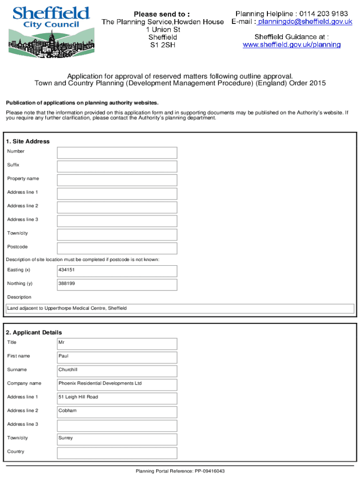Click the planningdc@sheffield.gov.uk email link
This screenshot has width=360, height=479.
[305, 22]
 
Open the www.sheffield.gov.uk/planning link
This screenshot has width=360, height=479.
[291, 45]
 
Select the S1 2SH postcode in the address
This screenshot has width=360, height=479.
[162, 45]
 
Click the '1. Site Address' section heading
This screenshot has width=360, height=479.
[28, 141]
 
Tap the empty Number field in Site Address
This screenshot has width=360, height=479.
[117, 153]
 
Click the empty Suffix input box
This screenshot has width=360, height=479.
[117, 167]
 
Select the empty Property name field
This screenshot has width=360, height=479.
[117, 180]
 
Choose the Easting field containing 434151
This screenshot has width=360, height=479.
[117, 271]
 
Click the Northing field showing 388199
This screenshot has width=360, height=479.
[117, 284]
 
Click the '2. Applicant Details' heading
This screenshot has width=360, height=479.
[34, 332]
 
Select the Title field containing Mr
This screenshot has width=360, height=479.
[117, 344]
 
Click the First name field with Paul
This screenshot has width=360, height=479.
[117, 357]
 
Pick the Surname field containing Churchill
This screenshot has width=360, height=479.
[117, 371]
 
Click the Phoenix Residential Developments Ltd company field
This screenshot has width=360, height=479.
[117, 385]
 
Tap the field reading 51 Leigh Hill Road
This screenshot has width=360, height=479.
[117, 398]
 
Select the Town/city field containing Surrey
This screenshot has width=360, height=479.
[117, 439]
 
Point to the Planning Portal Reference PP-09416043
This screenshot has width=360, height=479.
[180, 471]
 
